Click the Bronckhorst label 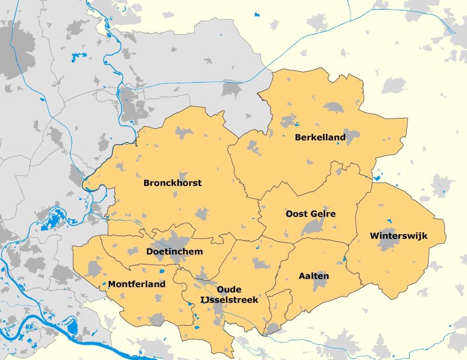172,182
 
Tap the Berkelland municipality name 320,137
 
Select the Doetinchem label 175,251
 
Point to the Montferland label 137,284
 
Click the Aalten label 314,276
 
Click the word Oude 229,289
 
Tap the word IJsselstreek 229,300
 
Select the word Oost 297,214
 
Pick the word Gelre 323,214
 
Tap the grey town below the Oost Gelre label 313,227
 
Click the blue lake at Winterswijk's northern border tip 378,178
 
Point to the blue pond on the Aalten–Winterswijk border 345,259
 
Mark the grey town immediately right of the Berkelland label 351,136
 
